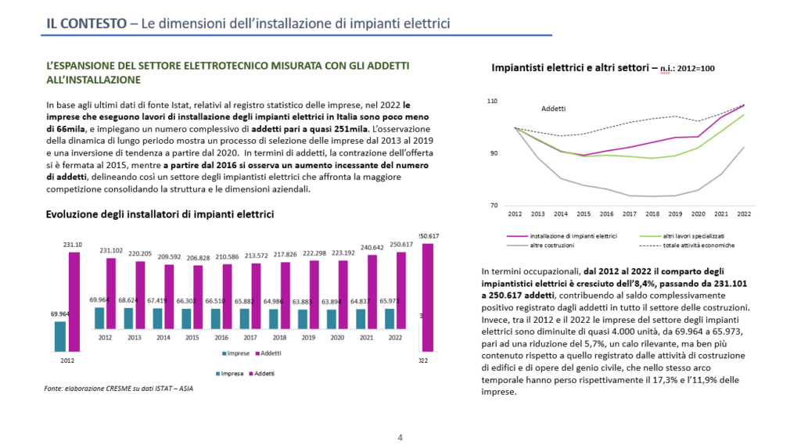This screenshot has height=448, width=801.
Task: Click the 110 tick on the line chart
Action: pyautogui.click(x=492, y=102)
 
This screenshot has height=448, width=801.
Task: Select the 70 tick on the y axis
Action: pyautogui.click(x=494, y=205)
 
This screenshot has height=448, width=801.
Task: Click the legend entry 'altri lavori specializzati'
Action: pyautogui.click(x=693, y=235)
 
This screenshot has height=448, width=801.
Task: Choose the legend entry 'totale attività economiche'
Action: pyautogui.click(x=698, y=246)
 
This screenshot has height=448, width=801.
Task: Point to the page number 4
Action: pyautogui.click(x=400, y=437)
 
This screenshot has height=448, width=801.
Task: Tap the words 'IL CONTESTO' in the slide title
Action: pyautogui.click(x=85, y=23)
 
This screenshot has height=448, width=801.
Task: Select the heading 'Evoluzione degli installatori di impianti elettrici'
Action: pyautogui.click(x=160, y=213)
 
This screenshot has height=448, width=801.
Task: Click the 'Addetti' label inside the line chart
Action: pyautogui.click(x=553, y=109)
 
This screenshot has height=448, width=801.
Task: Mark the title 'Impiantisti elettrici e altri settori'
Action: pyautogui.click(x=569, y=68)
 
